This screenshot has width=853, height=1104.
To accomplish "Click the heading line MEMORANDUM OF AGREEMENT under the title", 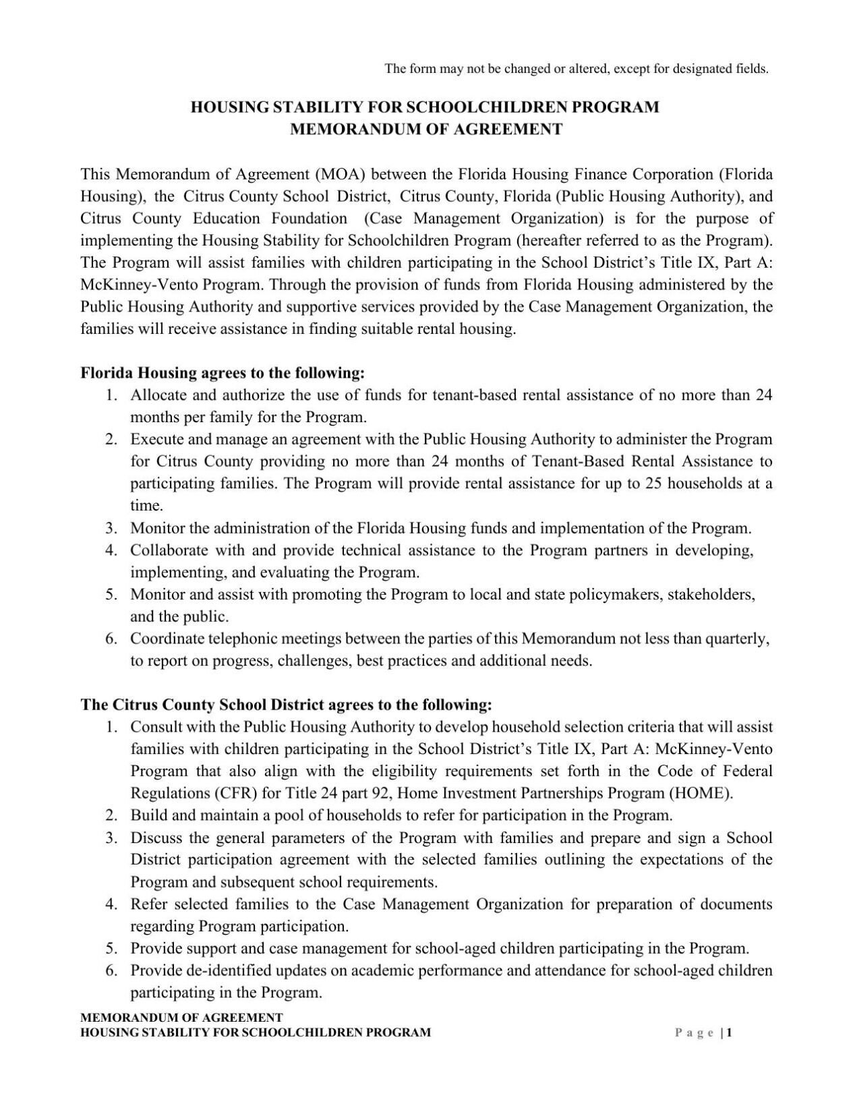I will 425,129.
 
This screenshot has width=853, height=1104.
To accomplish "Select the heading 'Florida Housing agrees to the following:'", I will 223,373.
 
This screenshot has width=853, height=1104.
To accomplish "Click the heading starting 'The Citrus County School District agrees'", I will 287,705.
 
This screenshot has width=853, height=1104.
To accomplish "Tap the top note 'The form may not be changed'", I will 576,69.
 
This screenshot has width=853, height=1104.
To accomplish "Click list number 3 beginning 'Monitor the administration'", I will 112,528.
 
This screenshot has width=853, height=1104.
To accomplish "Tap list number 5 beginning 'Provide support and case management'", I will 112,949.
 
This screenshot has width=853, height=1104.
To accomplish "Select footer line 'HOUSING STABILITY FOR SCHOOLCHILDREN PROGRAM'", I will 256,1033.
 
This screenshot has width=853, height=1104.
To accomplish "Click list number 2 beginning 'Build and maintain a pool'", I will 112,815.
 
